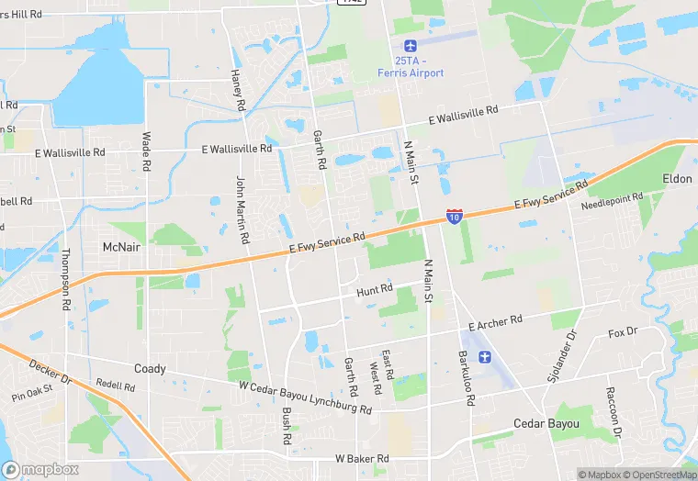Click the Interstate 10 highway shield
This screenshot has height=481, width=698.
tap(455, 216)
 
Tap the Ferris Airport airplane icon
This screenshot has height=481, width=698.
tap(410, 46)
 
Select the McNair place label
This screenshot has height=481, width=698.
tap(121, 248)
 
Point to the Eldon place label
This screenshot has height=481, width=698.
tap(677, 179)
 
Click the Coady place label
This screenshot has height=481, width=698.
tap(150, 369)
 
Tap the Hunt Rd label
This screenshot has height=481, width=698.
tap(374, 290)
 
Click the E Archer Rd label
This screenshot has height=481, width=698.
tap(495, 322)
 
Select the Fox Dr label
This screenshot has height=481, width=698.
tap(623, 333)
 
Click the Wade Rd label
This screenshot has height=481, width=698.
tap(146, 151)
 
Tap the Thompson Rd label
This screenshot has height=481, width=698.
tap(66, 276)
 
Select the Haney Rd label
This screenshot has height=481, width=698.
tap(237, 90)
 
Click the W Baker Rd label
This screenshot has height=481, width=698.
tap(362, 458)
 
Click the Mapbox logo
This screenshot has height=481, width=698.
tap(40, 469)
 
